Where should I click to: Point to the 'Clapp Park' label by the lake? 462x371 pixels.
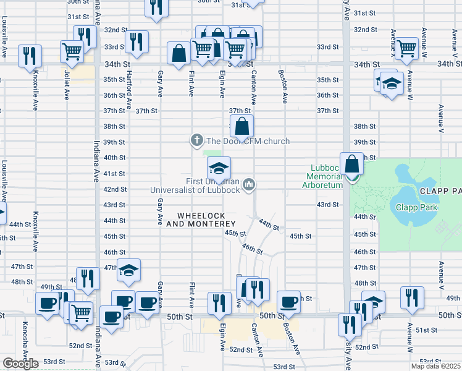[416, 207]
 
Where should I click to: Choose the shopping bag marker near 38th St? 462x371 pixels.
[244, 127]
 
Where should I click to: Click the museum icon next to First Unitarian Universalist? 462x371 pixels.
[249, 184]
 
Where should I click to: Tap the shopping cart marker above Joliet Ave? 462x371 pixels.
[73, 52]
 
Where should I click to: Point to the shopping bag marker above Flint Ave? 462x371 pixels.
[178, 54]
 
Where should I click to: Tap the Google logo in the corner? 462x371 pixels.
[20, 364]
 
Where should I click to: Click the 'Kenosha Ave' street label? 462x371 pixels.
[25, 352]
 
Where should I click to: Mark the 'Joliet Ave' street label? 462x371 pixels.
[66, 85]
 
